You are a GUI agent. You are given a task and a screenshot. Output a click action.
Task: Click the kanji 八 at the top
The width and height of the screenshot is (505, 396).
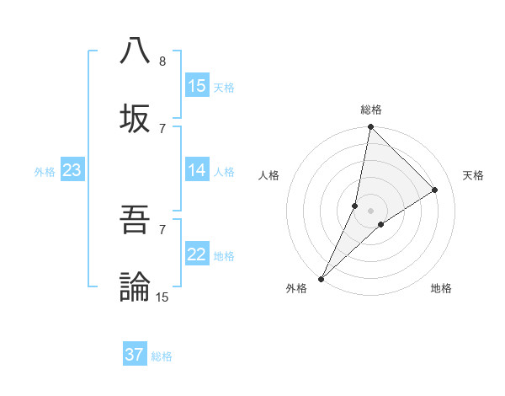135,51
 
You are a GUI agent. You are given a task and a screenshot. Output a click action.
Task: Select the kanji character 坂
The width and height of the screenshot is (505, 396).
135,117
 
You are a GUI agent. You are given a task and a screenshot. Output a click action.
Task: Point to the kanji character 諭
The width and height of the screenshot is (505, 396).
135,286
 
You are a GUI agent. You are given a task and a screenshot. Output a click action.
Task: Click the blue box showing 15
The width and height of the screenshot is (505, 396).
197,86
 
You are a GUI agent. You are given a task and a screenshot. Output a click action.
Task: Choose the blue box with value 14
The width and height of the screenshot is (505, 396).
197,170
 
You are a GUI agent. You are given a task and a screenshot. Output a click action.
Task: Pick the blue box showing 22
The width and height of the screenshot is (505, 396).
197,254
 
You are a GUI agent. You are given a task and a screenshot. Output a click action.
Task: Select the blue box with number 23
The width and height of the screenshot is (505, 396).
72,170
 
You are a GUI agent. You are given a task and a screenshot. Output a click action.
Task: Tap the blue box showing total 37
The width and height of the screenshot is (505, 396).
135,355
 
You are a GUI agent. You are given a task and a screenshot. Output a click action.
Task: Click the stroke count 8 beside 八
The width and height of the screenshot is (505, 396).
162,62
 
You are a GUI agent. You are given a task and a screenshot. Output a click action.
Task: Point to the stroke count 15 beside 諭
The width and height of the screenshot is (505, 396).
162,297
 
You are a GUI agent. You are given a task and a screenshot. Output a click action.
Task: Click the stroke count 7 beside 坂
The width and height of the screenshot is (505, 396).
162,128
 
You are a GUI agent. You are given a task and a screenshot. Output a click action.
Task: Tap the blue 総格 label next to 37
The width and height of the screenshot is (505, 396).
162,356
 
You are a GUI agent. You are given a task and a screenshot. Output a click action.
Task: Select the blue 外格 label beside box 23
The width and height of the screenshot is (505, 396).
45,172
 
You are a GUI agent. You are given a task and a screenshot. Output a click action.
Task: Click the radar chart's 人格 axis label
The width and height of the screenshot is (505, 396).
269,175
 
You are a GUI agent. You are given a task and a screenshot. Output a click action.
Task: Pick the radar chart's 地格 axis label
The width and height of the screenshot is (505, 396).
441,288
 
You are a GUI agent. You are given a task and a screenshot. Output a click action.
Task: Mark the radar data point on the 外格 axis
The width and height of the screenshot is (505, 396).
322,278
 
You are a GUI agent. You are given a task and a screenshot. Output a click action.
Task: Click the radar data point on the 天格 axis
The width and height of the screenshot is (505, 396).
435,190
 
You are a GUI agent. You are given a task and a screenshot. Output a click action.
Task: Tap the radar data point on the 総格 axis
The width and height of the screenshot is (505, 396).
370,127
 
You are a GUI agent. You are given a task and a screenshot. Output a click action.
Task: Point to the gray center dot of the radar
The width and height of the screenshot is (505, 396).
370,211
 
